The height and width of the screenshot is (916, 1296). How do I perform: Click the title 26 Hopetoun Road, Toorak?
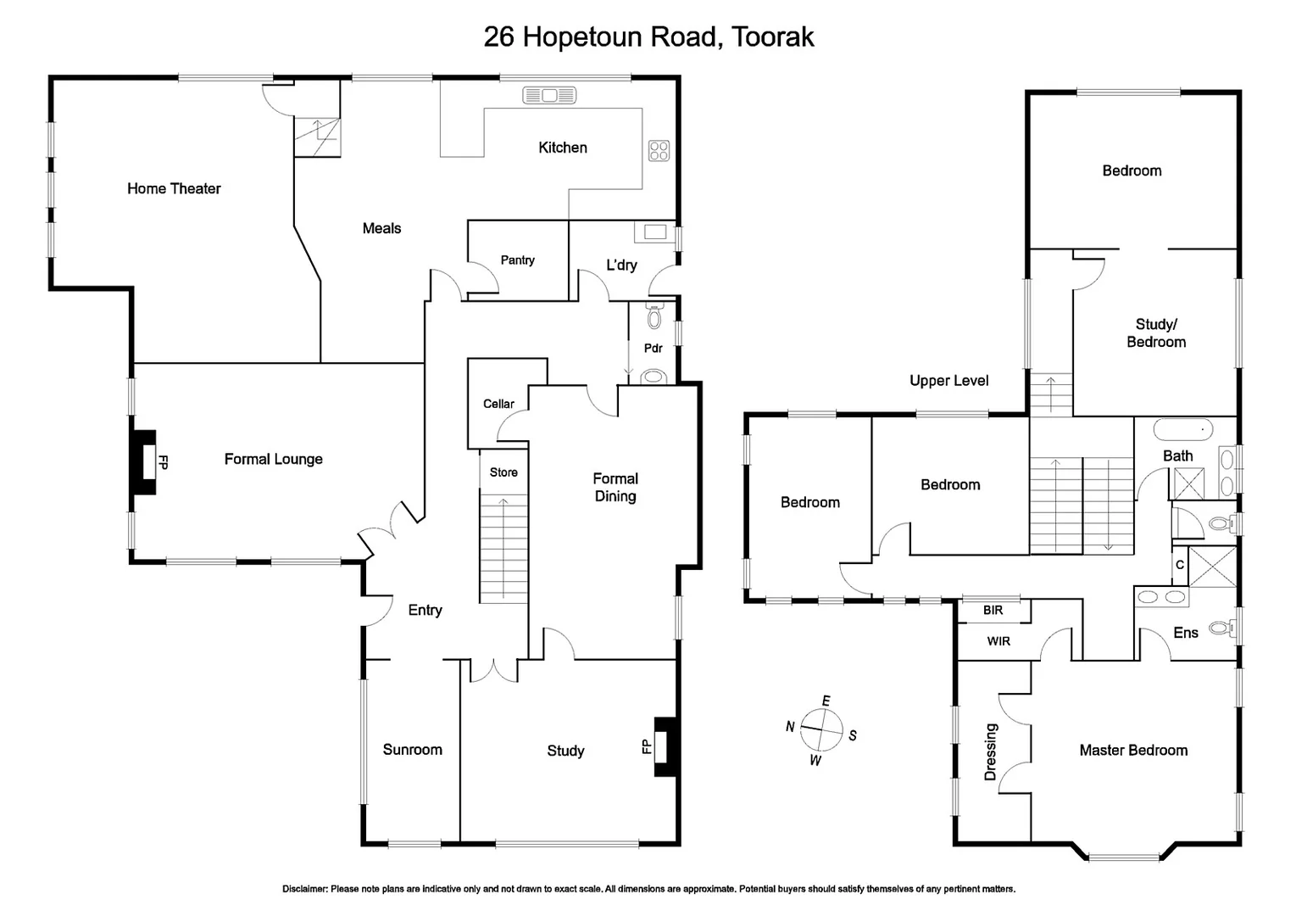click(648, 36)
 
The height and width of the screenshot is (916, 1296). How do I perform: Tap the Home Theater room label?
click(174, 188)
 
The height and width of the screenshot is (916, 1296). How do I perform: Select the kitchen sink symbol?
click(549, 95)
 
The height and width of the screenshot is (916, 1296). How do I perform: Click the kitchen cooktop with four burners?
click(659, 150)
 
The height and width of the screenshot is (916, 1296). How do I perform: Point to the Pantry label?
click(517, 260)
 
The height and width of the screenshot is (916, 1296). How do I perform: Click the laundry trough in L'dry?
click(654, 232)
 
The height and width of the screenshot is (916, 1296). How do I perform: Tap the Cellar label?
click(498, 404)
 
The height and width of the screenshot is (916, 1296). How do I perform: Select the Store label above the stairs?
click(503, 472)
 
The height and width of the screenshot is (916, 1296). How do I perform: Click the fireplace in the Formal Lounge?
click(144, 463)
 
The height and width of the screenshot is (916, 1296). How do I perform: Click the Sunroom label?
click(412, 750)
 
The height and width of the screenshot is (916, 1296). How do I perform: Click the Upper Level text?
click(948, 381)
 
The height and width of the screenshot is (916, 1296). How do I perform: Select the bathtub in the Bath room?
click(1183, 428)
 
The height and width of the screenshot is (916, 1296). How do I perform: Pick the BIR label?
click(993, 610)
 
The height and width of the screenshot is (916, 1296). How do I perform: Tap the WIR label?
click(998, 641)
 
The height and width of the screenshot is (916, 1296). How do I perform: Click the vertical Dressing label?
click(990, 751)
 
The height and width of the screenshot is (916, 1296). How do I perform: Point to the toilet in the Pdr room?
click(653, 318)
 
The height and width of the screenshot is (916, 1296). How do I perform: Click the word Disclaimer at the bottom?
click(304, 889)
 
